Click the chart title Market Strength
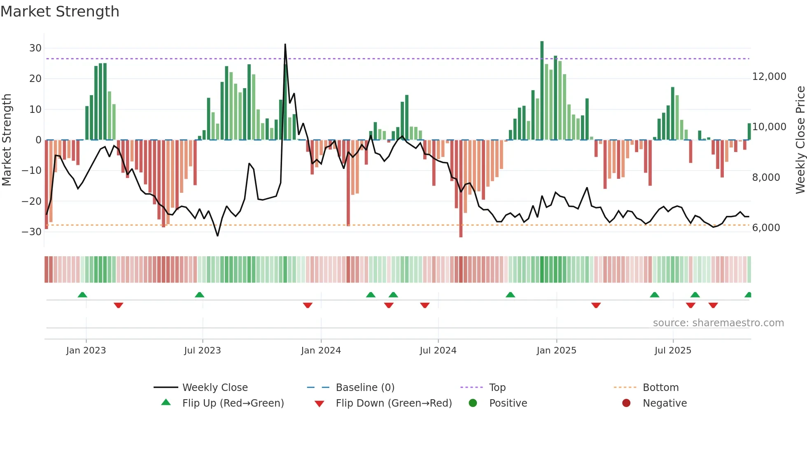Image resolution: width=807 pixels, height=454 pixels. point(60,12)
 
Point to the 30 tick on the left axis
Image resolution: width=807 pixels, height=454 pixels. point(35,48)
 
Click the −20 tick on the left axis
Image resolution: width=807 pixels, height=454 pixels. point(32,201)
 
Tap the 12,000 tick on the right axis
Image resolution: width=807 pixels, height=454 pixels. point(769,77)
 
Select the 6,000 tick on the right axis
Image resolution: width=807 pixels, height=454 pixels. point(766,228)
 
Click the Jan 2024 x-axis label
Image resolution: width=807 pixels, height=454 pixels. point(321,351)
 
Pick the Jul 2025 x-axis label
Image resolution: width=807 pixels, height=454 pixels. point(673,351)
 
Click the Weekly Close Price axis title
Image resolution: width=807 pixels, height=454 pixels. point(800,140)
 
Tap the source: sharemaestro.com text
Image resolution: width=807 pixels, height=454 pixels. point(718,323)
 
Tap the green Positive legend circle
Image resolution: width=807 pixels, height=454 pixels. point(473,403)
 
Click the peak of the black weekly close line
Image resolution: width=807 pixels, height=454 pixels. point(285,44)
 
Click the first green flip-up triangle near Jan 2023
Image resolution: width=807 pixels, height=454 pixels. point(82,295)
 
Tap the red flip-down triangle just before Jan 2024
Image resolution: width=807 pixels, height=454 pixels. point(308,305)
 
